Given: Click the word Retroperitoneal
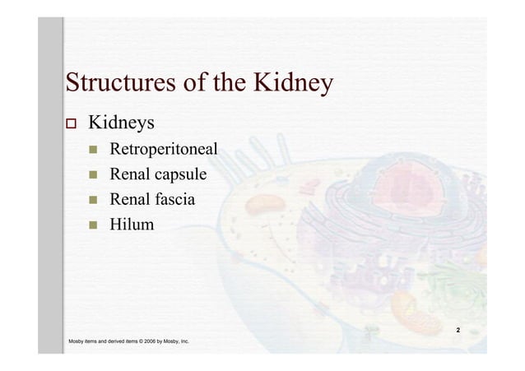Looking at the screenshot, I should [164, 150].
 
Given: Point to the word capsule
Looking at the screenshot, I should [180, 174].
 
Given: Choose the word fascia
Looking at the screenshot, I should [175, 198].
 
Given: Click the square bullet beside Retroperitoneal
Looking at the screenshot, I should [95, 151].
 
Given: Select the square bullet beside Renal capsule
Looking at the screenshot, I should [95, 174].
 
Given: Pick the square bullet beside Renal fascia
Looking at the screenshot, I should [95, 198].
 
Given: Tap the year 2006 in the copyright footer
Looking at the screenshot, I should [152, 341].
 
